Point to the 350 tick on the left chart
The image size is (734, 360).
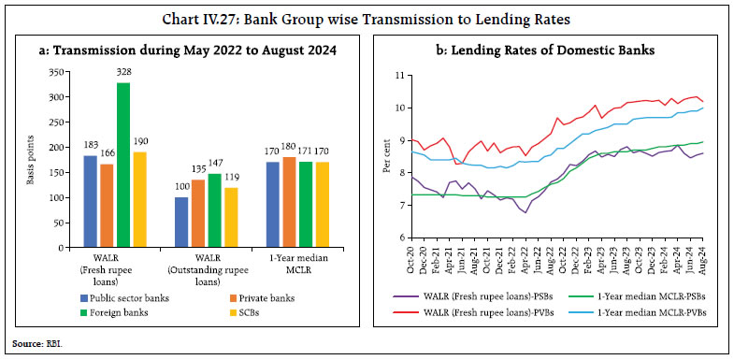click(x=61, y=72)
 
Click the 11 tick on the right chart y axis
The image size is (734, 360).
click(x=397, y=75)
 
